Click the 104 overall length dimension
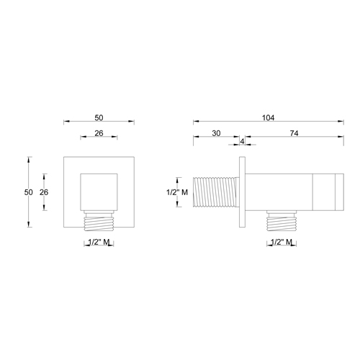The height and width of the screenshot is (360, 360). pos(268,117)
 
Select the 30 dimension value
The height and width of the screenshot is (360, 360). pos(216,132)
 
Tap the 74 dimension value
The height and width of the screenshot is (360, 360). pos(294,132)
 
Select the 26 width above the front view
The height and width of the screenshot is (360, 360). pos(98,132)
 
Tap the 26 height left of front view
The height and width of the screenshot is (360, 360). pos(43,192)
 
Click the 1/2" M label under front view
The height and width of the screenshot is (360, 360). pos(98,243)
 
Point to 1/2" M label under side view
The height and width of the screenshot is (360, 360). pos(279,243)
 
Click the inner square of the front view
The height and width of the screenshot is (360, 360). pos(98,191)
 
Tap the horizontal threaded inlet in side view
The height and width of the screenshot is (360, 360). pos(215,192)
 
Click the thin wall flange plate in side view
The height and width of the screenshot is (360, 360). pos(244,192)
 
